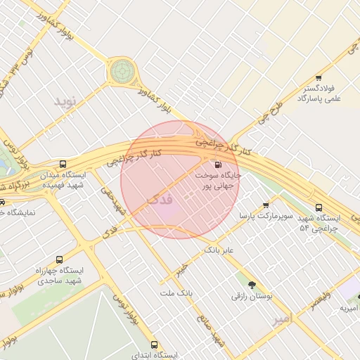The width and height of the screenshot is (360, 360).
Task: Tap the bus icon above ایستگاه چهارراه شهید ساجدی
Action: point(58,259)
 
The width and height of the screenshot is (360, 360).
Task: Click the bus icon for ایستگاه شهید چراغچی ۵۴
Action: point(319,207)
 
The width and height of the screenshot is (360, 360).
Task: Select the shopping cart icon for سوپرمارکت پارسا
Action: point(266,205)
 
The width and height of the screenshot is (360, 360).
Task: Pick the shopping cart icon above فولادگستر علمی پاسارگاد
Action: point(319,77)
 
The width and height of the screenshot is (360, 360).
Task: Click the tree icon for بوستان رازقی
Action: point(252,285)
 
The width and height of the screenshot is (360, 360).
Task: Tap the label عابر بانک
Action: point(218,250)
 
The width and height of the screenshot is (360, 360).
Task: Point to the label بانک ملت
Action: point(176,292)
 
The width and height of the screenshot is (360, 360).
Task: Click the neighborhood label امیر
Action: point(281,320)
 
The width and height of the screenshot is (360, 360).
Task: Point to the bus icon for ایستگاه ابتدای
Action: point(155,345)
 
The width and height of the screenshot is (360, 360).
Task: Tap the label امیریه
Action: point(349,308)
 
